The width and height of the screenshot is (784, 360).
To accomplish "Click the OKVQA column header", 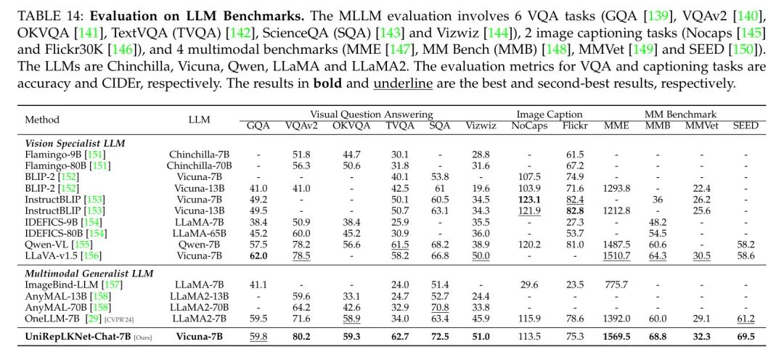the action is [351, 126].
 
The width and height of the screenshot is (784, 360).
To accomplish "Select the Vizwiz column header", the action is [481, 126].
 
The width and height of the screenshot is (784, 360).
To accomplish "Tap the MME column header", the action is [616, 126].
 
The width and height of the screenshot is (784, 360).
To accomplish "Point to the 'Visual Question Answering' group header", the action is [371, 115].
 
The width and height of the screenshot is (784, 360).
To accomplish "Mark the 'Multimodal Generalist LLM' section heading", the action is [89, 274].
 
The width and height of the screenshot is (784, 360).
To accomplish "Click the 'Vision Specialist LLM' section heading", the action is [75, 144].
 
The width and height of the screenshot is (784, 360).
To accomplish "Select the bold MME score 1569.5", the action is [616, 337].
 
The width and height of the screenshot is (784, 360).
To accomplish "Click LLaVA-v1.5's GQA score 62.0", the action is [258, 256].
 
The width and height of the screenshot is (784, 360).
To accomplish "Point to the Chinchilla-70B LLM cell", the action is [200, 165].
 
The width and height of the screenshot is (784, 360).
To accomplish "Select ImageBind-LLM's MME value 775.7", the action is [616, 285].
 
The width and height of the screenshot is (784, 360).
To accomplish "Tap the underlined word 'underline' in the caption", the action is [402, 83].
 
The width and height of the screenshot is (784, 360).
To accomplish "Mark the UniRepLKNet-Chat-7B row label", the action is [78, 337].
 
